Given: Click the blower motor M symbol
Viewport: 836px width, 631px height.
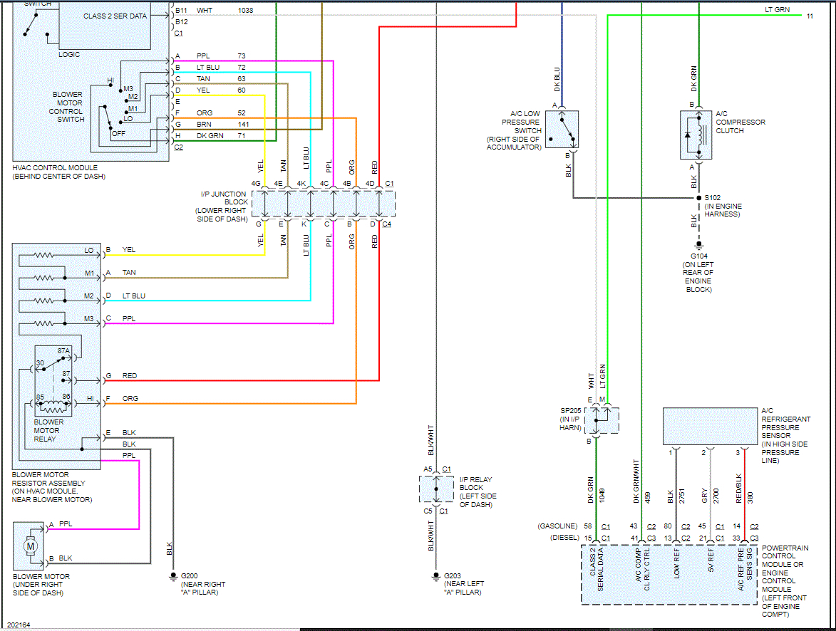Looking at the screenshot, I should pyautogui.click(x=31, y=546).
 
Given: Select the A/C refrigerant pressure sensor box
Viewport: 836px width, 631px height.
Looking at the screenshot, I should pyautogui.click(x=710, y=426).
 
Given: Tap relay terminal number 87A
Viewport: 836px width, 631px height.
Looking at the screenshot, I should pyautogui.click(x=64, y=351).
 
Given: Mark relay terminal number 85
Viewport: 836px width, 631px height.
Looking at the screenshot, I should pyautogui.click(x=41, y=397).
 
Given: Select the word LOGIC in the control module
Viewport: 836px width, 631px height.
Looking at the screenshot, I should pyautogui.click(x=69, y=54).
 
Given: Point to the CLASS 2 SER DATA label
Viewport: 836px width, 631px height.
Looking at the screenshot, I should pyautogui.click(x=115, y=16).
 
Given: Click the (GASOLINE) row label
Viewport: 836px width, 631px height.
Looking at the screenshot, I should pyautogui.click(x=557, y=526).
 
